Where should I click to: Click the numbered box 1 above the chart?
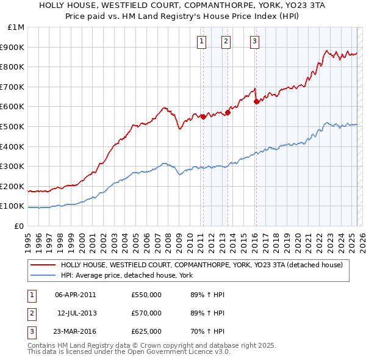coord(201,41)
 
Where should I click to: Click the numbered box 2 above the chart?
coord(226,41)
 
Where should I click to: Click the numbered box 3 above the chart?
coord(254,41)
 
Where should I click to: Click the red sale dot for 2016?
coord(256,102)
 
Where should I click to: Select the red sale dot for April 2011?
coord(203,117)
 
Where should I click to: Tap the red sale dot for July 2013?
coord(228,112)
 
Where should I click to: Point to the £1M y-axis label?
coord(16,27)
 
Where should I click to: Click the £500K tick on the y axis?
coord(14,126)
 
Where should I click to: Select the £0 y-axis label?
coord(19,226)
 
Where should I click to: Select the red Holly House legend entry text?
coord(202,265)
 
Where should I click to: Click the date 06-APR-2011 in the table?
coord(76,295)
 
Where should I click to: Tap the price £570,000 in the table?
coord(146,313)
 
